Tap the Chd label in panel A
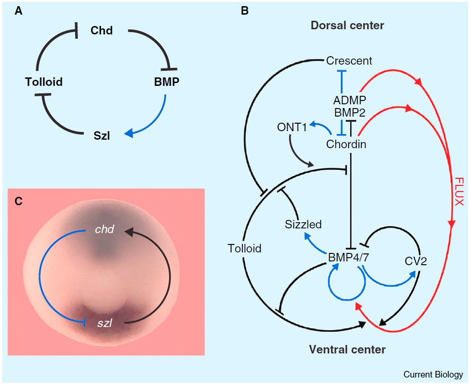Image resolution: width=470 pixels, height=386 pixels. point(102,31)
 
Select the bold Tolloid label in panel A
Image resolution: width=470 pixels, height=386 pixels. point(44,82)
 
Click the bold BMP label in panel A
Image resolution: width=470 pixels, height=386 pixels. point(166,82)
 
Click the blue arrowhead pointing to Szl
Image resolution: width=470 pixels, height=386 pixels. point(129,134)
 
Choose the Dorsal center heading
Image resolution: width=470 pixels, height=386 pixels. point(347,25)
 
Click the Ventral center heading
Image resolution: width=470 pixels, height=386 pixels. point(347,350)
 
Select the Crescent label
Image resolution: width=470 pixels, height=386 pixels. point(349,61)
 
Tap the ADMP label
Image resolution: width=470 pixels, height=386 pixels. point(350,100)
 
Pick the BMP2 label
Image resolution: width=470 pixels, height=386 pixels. point(350,113)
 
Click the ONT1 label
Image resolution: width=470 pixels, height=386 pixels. point(292,127)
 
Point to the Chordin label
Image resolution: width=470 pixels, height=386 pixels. point(346,144)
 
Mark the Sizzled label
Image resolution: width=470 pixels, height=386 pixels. point(303,225)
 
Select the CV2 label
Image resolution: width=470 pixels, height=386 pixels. point(416,261)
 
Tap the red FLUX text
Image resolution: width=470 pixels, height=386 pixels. point(458,191)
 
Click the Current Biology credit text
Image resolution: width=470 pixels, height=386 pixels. point(433,375)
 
